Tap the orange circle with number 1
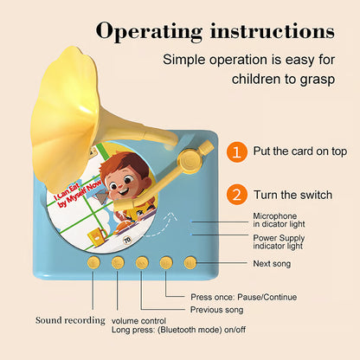[x=235, y=151]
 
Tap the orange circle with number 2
[x=235, y=194]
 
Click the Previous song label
[x=216, y=309]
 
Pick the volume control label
[x=139, y=320]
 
